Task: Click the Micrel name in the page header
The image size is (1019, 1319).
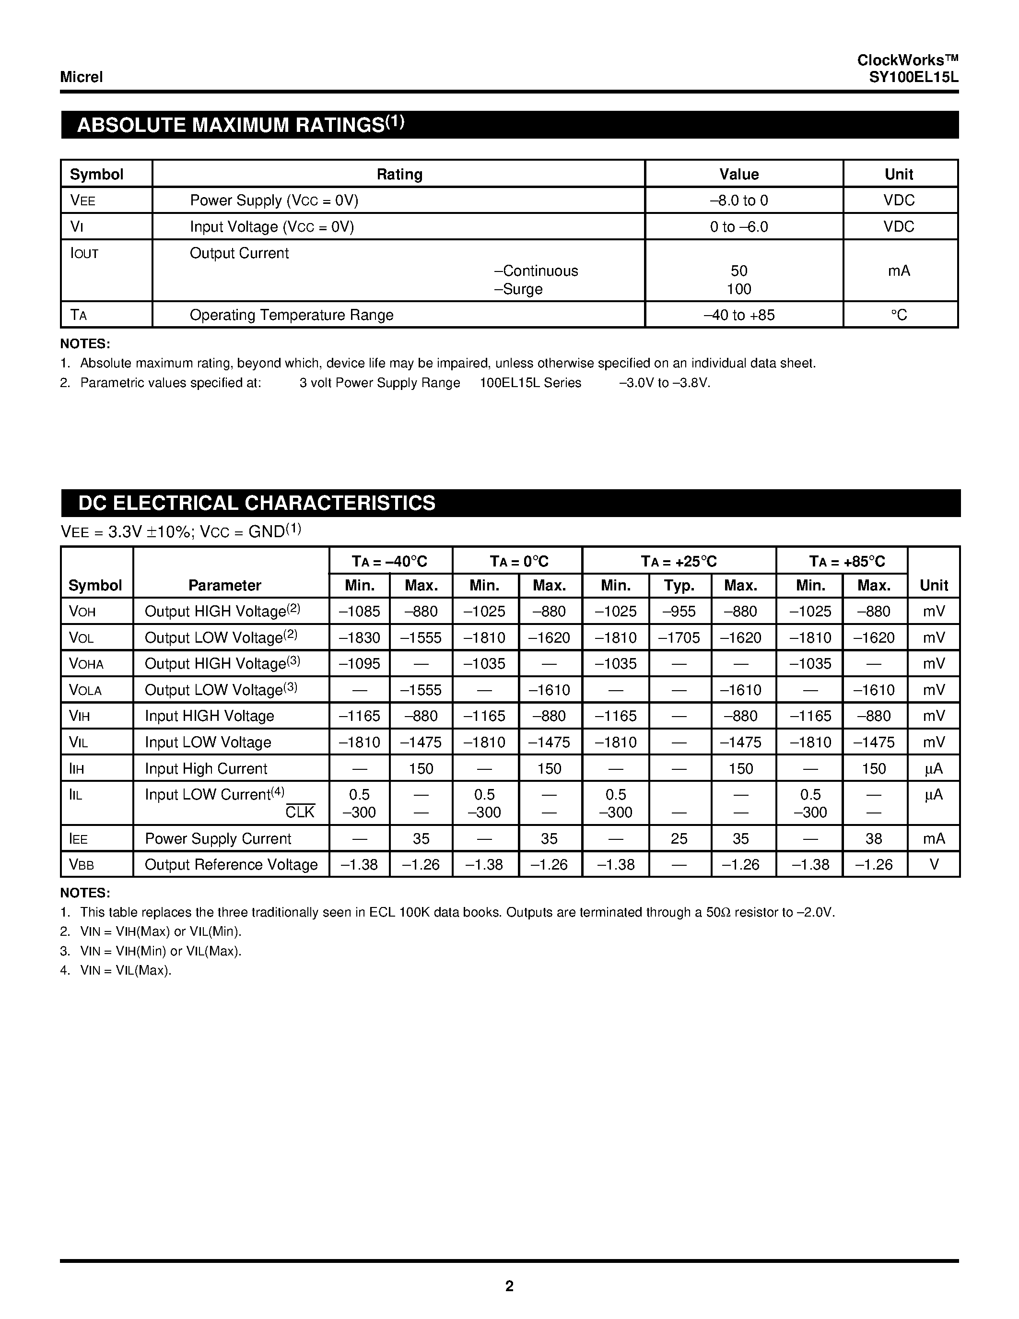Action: [82, 77]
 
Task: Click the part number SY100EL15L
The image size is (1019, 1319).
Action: [914, 77]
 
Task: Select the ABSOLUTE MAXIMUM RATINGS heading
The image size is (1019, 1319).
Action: [240, 125]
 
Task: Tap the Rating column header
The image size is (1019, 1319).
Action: [399, 175]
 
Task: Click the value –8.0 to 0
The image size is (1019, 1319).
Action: [738, 200]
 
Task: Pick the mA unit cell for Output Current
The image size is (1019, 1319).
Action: [898, 271]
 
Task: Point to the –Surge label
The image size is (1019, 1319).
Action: [518, 289]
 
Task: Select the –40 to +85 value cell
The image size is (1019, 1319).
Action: [739, 315]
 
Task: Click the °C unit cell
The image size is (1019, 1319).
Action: [898, 315]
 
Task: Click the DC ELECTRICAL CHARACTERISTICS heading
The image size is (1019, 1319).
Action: [257, 503]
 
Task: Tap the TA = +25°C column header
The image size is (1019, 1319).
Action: [679, 562]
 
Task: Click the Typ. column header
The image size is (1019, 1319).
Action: [679, 585]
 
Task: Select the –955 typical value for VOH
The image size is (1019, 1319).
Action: [679, 612]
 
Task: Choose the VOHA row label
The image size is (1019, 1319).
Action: [86, 664]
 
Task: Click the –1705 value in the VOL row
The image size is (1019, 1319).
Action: [679, 638]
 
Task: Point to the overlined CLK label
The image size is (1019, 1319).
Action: [300, 813]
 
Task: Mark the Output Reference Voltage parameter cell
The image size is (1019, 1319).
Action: [231, 865]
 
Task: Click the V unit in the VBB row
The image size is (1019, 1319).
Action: [933, 865]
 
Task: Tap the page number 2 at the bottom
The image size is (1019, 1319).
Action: [509, 1286]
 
